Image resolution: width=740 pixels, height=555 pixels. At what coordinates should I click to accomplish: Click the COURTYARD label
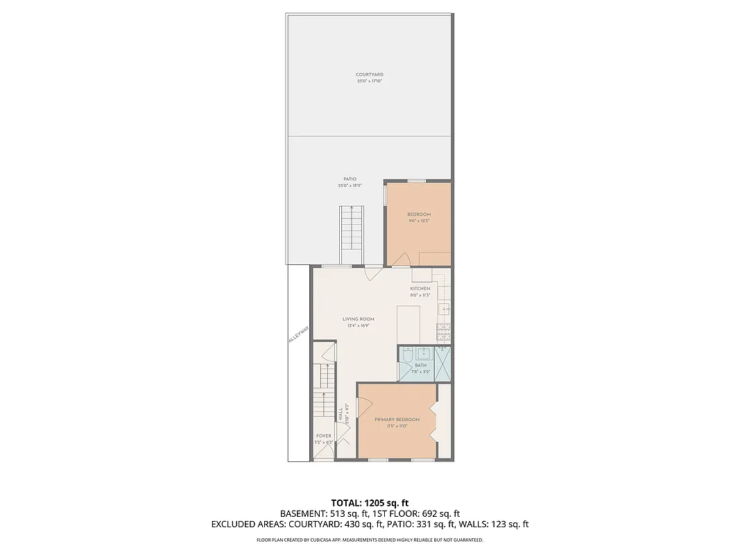click(x=369, y=74)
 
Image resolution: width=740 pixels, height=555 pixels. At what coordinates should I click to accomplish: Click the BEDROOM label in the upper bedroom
click(x=418, y=214)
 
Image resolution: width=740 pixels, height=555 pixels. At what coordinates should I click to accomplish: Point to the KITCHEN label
click(x=420, y=289)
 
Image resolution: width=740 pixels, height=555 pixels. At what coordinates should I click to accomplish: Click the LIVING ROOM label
click(x=358, y=319)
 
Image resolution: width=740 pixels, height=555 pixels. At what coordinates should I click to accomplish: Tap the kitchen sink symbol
click(x=446, y=308)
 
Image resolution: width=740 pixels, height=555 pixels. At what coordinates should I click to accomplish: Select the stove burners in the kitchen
click(x=444, y=332)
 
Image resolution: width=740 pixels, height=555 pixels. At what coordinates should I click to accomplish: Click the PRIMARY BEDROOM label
click(x=397, y=420)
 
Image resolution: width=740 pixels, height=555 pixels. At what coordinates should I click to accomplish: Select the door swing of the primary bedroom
click(x=363, y=406)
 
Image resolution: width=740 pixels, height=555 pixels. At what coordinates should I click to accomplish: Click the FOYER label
click(x=323, y=436)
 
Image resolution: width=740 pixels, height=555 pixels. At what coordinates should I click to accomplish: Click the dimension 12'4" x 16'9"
click(x=358, y=325)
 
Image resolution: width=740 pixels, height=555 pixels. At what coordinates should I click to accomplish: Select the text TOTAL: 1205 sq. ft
click(x=370, y=502)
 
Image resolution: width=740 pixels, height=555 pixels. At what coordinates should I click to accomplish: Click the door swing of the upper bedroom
click(x=401, y=259)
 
